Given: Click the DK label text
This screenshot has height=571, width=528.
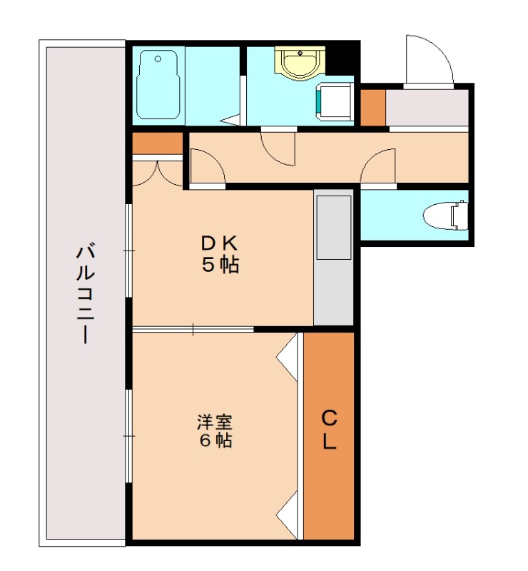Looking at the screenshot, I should click(218, 243).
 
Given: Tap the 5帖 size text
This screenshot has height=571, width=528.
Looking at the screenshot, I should click(218, 266).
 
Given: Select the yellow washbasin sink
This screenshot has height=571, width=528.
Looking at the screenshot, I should click(298, 63).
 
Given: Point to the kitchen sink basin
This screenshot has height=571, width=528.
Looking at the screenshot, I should click(333, 228).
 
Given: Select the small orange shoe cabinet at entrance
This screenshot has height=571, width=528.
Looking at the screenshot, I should click(372, 107).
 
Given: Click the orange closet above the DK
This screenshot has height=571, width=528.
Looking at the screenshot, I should click(158, 143).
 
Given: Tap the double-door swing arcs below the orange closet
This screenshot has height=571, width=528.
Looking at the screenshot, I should click(158, 173).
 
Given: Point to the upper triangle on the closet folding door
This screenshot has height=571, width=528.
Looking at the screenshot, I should click(288, 355).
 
